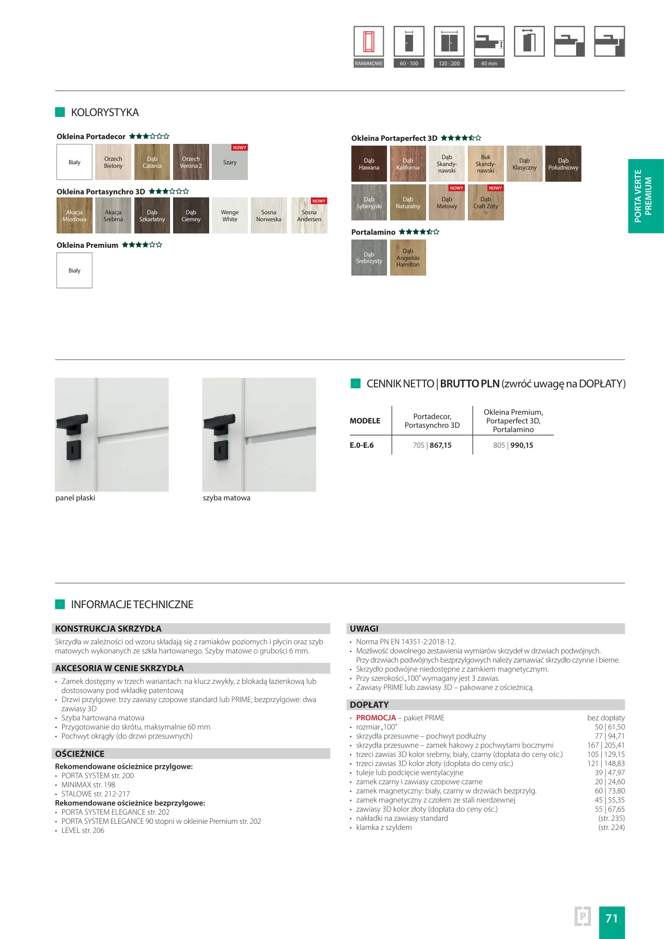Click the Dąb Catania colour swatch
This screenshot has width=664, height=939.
pyautogui.click(x=152, y=162)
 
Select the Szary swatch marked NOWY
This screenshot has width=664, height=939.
pyautogui.click(x=230, y=162)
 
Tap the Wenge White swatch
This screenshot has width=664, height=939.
pyautogui.click(x=230, y=216)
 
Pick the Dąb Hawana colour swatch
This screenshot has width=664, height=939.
pyautogui.click(x=369, y=164)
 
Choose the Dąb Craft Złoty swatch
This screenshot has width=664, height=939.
pyautogui.click(x=486, y=203)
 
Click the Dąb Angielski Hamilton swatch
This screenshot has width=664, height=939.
pyautogui.click(x=408, y=258)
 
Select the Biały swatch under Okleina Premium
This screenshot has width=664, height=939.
pyautogui.click(x=74, y=270)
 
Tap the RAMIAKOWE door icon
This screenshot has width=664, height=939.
pyautogui.click(x=369, y=42)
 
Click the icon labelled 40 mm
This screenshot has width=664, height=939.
pyautogui.click(x=489, y=42)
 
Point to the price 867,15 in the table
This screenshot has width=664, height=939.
pyautogui.click(x=440, y=445)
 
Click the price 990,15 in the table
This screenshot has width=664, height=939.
pyautogui.click(x=521, y=445)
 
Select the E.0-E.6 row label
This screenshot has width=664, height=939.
pyautogui.click(x=361, y=445)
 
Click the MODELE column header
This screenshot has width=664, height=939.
pyautogui.click(x=365, y=421)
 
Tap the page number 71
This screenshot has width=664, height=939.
pyautogui.click(x=611, y=918)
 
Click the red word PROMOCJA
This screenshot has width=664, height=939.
pyautogui.click(x=376, y=718)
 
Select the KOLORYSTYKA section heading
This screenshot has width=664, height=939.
pyautogui.click(x=105, y=113)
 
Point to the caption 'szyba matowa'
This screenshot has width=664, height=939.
pyautogui.click(x=227, y=498)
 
